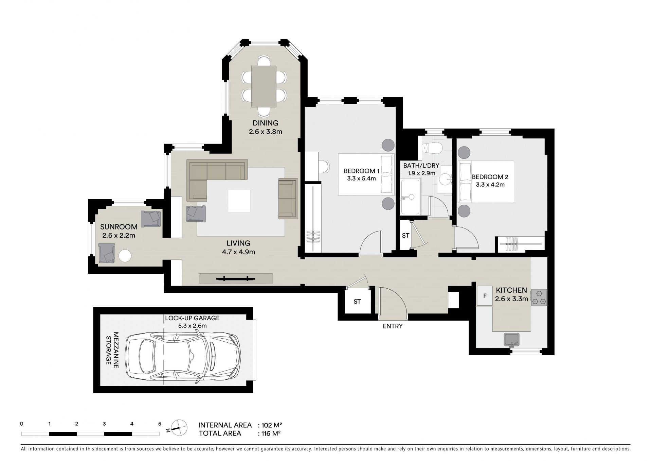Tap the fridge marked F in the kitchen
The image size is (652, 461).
[x=485, y=296]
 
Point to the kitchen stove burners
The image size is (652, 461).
[x=539, y=297]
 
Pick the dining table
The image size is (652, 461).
[x=264, y=86]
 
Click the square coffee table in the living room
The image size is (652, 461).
[x=239, y=201]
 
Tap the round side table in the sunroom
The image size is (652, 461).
[x=125, y=256]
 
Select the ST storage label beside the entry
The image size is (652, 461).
[x=357, y=302]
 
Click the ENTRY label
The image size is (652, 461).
[x=393, y=326]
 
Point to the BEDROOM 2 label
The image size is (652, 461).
[x=490, y=177]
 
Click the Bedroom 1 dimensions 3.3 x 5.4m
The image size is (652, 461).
[x=361, y=178]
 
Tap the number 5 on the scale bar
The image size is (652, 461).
[x=160, y=424]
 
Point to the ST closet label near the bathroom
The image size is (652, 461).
[x=405, y=235]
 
